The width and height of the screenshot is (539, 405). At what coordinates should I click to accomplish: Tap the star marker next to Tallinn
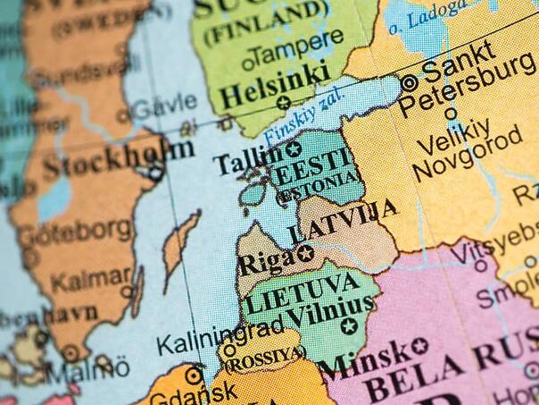click(292, 149)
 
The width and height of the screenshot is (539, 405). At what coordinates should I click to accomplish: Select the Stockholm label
click(117, 160)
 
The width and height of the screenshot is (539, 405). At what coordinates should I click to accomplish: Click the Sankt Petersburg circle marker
click(410, 82)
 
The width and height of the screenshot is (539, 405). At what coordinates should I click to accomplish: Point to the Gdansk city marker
click(193, 376)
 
